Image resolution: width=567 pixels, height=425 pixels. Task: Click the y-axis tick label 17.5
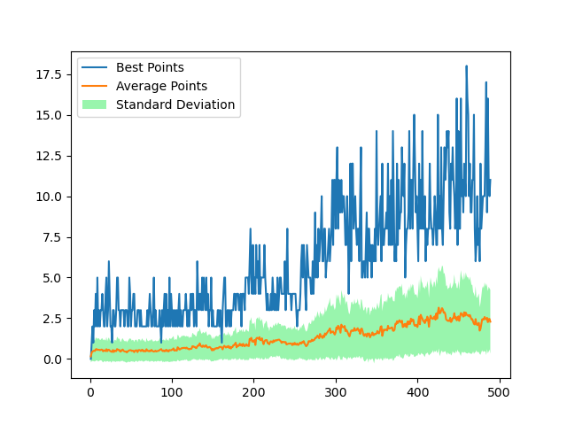coord(49,74)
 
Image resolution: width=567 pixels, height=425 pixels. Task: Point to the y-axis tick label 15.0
coord(49,115)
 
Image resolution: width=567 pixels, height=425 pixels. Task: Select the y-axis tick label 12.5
coord(49,156)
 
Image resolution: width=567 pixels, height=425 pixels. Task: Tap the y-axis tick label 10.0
coord(49,197)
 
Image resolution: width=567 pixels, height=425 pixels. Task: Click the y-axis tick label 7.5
coord(52,237)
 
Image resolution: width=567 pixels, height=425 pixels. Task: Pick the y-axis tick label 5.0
coord(52,278)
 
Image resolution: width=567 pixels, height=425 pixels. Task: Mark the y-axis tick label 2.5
coord(52,319)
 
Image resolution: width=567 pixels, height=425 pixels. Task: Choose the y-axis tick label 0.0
coord(52,359)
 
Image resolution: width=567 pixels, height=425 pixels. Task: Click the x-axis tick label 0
coord(90,392)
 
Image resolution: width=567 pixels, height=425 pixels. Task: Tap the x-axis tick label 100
coord(172,392)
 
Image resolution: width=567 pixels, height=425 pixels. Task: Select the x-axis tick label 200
coord(253,392)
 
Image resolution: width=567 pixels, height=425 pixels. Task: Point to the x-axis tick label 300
coord(336,392)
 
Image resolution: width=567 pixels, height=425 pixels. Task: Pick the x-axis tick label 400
coord(417,392)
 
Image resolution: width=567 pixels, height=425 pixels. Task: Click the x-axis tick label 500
coord(499,392)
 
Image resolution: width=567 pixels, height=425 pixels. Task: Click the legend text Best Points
coord(150,67)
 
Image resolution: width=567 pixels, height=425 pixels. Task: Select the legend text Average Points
coord(161,86)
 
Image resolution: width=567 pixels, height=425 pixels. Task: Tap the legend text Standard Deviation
coord(175,104)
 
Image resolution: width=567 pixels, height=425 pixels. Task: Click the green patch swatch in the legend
coord(94,104)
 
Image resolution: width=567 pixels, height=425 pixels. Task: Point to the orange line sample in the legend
coord(94,86)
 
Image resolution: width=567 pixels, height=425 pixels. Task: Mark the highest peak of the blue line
coord(466,66)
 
